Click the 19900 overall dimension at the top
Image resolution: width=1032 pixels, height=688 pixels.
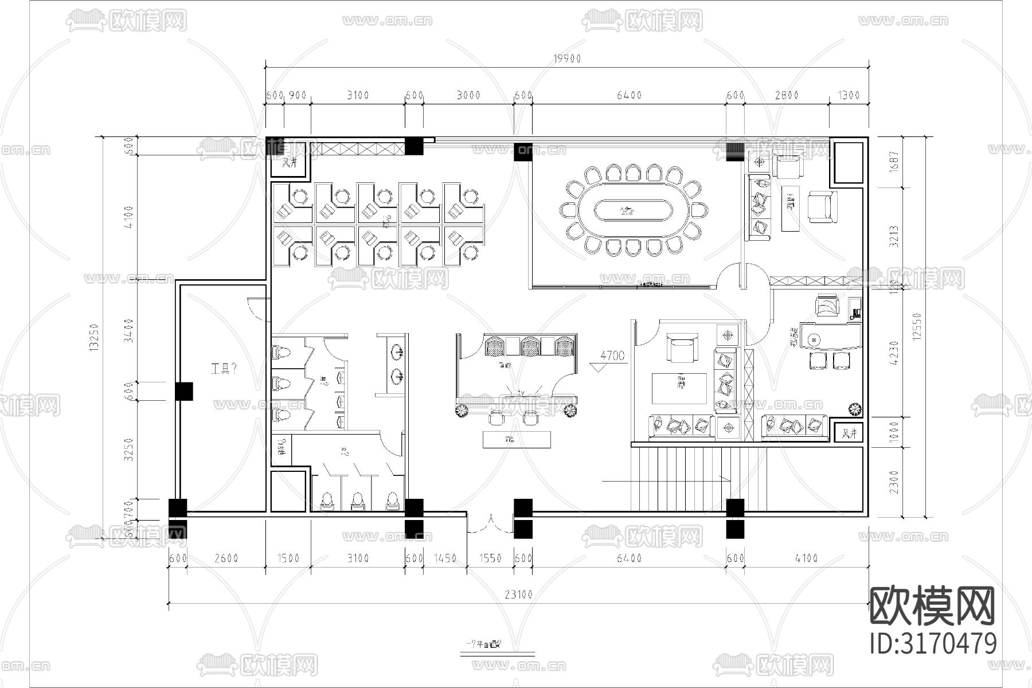(566, 58)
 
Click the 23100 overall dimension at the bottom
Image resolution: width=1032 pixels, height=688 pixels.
(518, 595)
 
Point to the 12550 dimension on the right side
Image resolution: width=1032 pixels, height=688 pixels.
(916, 327)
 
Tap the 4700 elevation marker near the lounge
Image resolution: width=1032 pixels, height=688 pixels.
(612, 356)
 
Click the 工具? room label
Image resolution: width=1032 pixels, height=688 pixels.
(224, 369)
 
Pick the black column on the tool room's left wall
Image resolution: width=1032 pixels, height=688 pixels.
(183, 391)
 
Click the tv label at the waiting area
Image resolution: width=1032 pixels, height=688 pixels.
(521, 392)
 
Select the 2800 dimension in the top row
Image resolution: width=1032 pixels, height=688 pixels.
(786, 95)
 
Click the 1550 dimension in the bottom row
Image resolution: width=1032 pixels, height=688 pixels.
(490, 558)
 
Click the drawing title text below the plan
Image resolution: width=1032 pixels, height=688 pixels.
(482, 646)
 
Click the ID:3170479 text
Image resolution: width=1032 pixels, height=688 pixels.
(933, 643)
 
